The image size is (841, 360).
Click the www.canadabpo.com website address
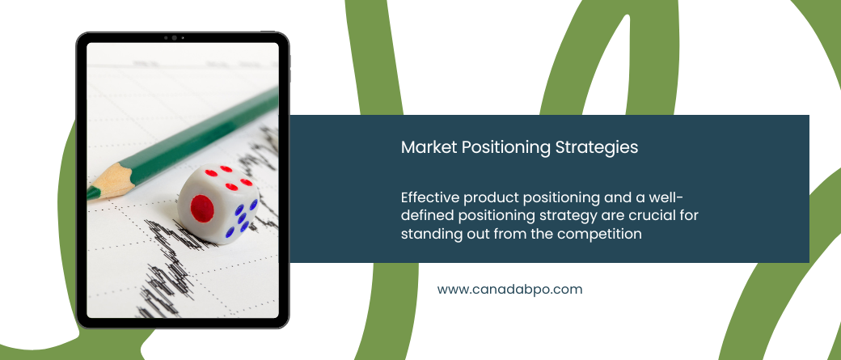point(509,290)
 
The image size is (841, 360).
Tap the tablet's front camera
point(174,38)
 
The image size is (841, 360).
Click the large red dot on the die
point(202,208)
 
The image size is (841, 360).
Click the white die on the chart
point(218,204)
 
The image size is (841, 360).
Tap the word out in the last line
point(477,235)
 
